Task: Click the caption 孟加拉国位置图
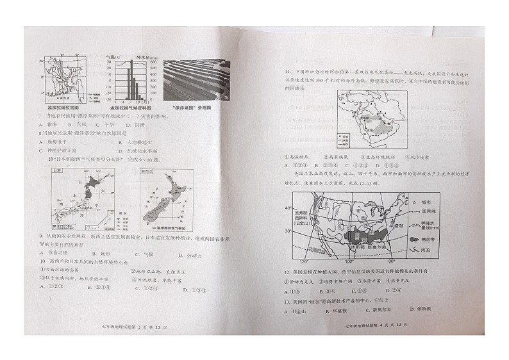62,110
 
